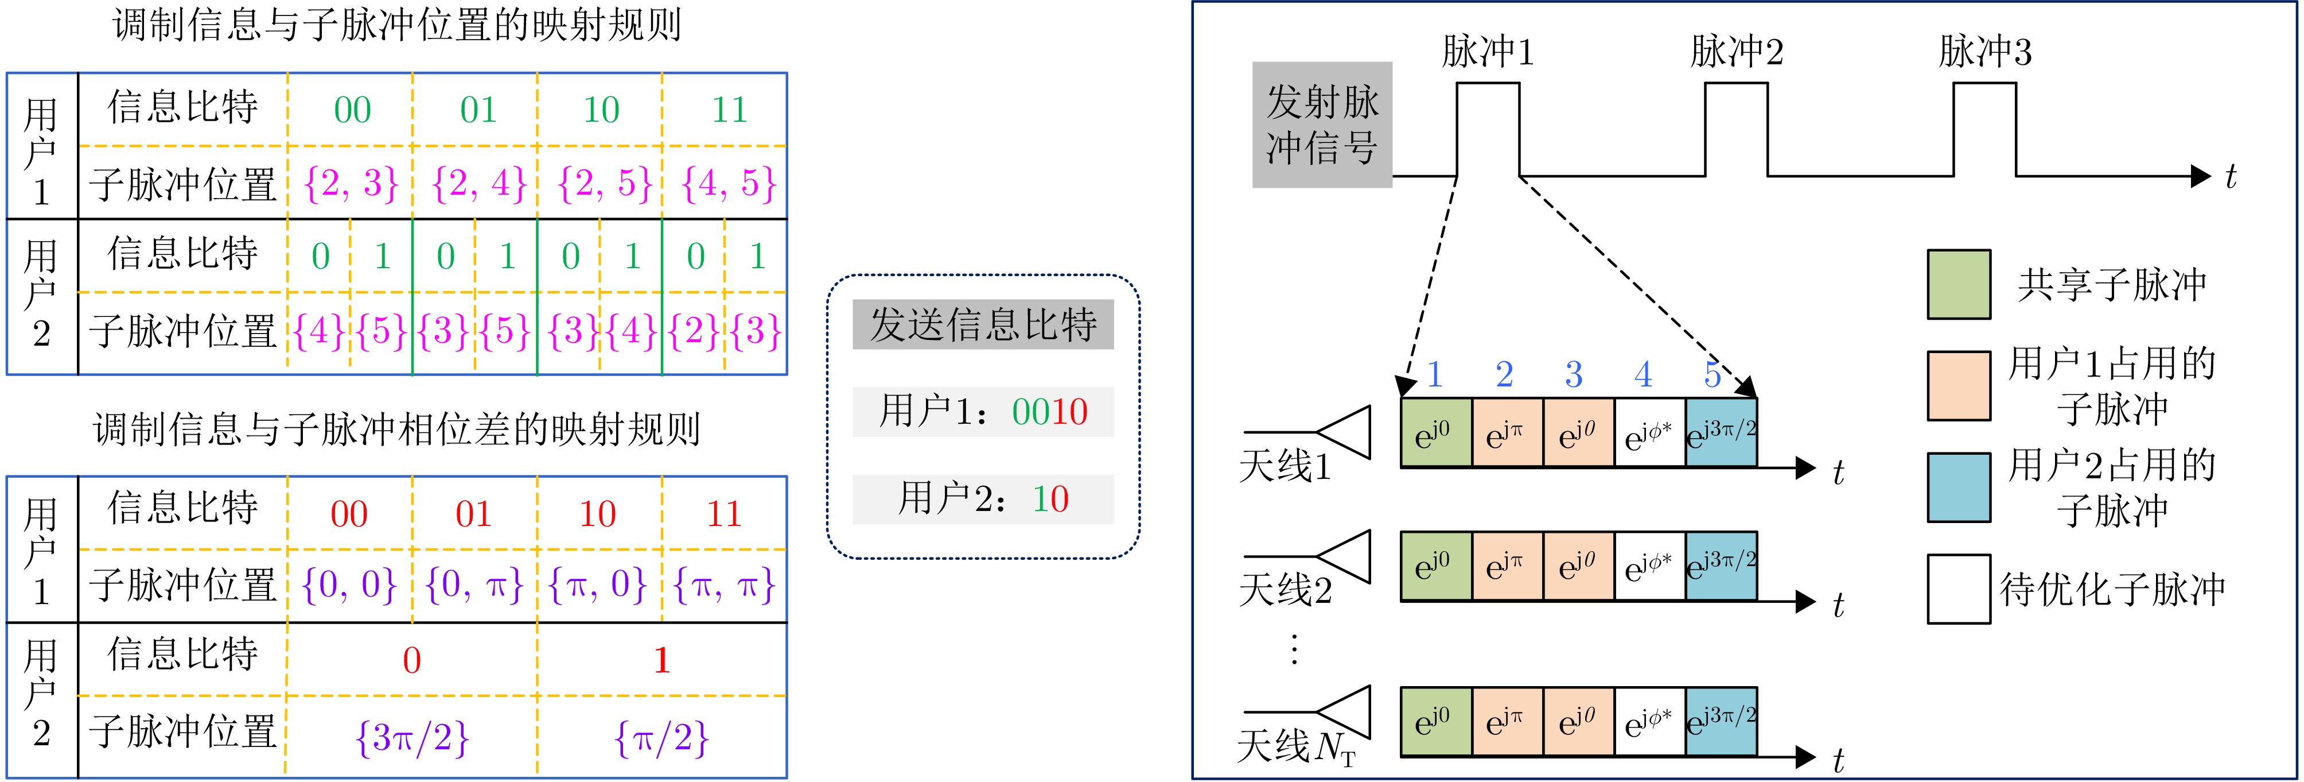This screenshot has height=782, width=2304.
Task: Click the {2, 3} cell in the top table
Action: pos(351,183)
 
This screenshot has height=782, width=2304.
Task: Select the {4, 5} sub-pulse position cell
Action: pos(728,183)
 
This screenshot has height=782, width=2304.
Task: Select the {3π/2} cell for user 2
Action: pos(411,738)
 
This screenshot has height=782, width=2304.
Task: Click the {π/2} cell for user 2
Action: pos(662,738)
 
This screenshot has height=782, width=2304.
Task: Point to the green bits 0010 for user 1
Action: pos(1049,412)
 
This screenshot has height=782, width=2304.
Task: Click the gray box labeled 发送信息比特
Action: pos(983,324)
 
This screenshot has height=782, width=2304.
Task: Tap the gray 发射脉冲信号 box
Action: pos(1321,125)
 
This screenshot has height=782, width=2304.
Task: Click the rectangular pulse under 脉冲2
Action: pos(1736,130)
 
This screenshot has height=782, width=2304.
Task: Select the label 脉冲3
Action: pos(1984,52)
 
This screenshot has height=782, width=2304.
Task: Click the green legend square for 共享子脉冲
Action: pos(1959,285)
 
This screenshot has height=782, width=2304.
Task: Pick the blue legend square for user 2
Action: pos(1959,487)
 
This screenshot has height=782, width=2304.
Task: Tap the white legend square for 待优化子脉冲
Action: pos(1959,589)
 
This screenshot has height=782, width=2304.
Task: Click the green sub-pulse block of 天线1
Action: pos(1435,433)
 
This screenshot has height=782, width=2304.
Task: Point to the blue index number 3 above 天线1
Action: pos(1573,374)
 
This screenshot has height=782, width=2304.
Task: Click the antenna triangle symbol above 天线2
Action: pos(1346,556)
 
